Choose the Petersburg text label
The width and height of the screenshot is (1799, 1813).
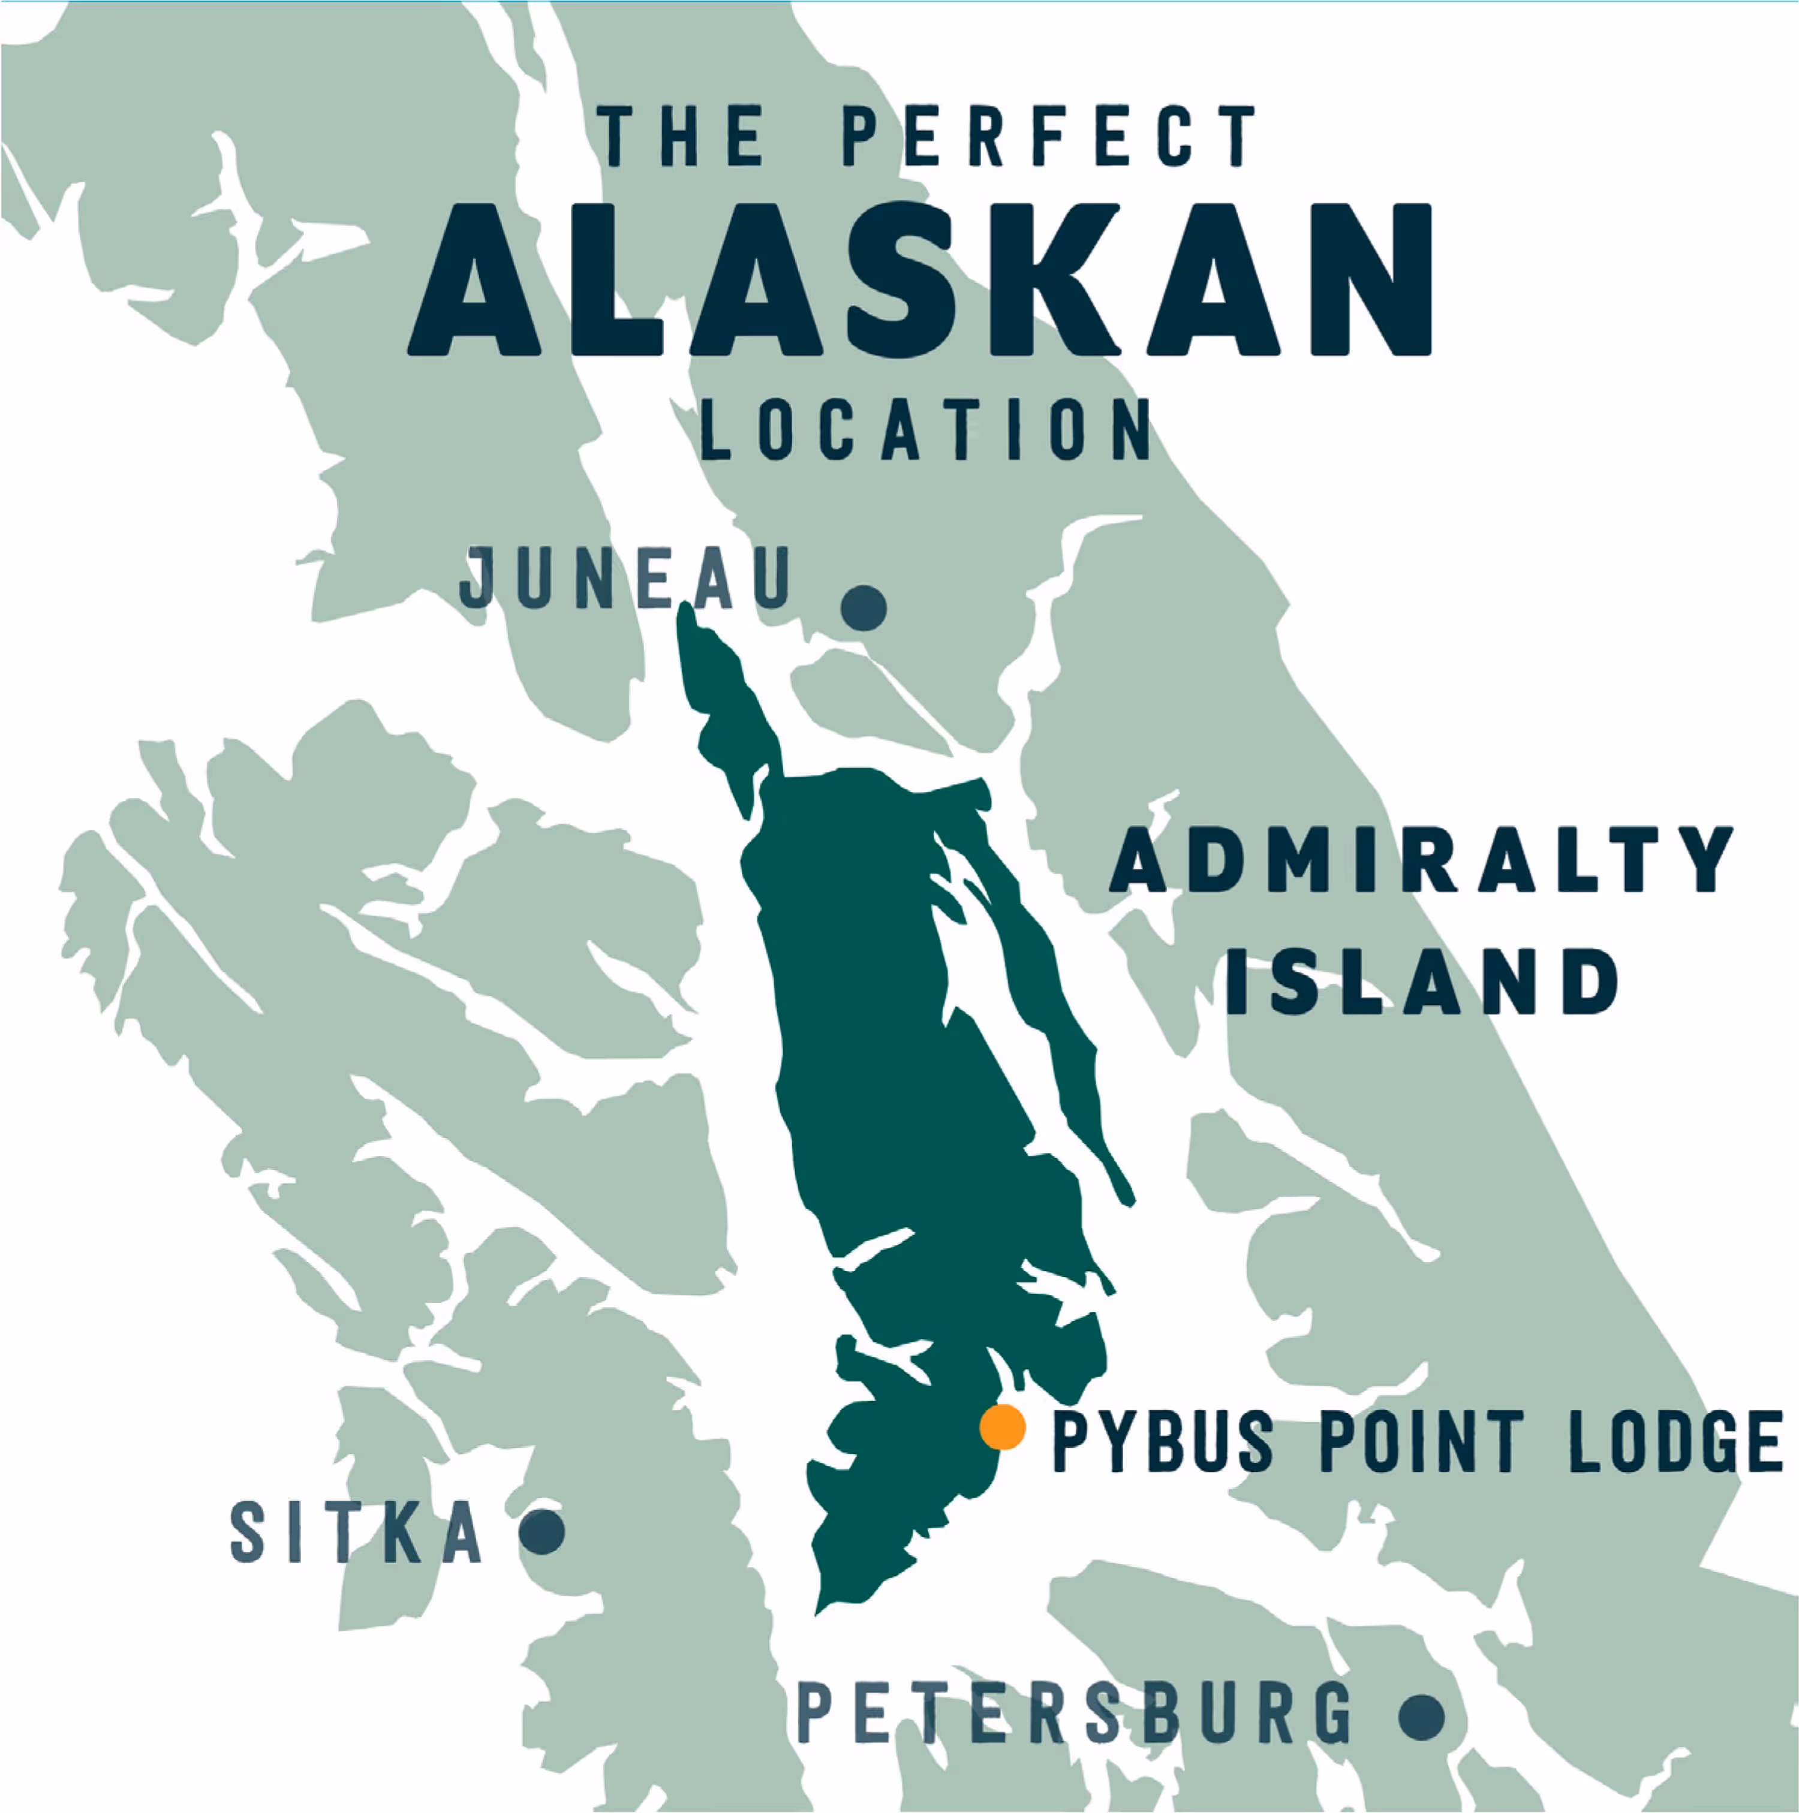tap(1075, 1713)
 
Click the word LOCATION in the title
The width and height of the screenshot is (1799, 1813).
tap(926, 430)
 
